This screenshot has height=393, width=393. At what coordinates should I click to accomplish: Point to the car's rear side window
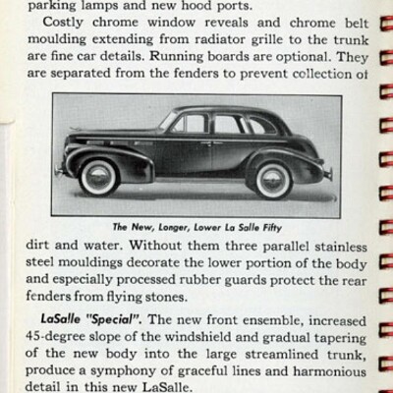click(x=254, y=126)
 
